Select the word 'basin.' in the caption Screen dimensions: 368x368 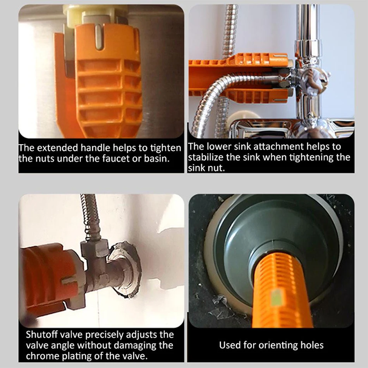157,159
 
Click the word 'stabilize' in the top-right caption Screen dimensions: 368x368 205,157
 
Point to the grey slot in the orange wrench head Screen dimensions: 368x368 99,37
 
